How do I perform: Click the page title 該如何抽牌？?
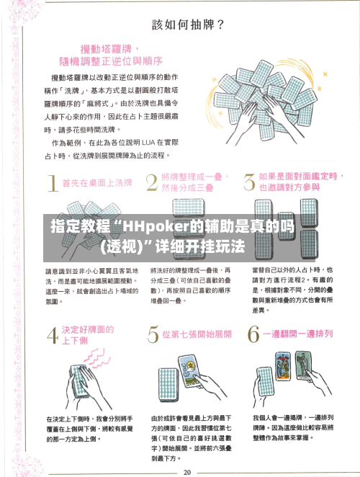click(x=188, y=23)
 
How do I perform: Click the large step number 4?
click(x=52, y=336)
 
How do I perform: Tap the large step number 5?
click(x=152, y=336)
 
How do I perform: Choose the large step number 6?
click(x=253, y=336)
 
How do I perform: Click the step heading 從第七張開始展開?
click(x=196, y=335)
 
